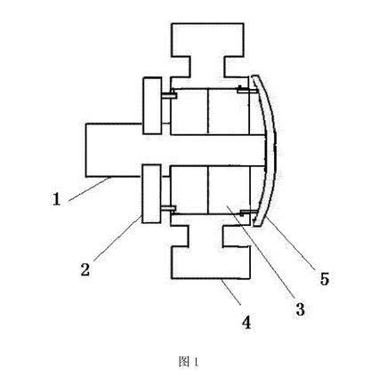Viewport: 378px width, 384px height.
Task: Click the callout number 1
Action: pyautogui.click(x=57, y=199)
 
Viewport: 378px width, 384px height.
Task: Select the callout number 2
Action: pyautogui.click(x=85, y=269)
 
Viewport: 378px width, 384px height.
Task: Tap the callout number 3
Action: pyautogui.click(x=300, y=309)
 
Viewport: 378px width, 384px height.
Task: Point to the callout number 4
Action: pyautogui.click(x=246, y=323)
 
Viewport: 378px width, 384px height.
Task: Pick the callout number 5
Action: pyautogui.click(x=325, y=279)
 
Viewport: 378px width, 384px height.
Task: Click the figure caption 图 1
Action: pyautogui.click(x=189, y=362)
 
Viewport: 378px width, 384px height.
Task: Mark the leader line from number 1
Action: pyautogui.click(x=90, y=189)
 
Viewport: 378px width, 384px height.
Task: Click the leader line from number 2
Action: pyautogui.click(x=117, y=238)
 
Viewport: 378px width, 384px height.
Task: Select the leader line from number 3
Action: pyautogui.click(x=260, y=252)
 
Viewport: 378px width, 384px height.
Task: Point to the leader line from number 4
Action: pyautogui.click(x=231, y=292)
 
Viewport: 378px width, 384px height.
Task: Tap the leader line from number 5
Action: pyautogui.click(x=290, y=242)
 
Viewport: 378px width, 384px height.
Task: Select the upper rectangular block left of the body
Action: pyautogui.click(x=152, y=106)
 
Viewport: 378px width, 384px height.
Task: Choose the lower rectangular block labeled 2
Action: pyautogui.click(x=152, y=194)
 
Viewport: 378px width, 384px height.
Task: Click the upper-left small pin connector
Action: pyautogui.click(x=169, y=95)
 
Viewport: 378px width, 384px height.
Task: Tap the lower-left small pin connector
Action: pyautogui.click(x=169, y=209)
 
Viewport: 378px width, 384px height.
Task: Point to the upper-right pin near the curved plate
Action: pyautogui.click(x=247, y=90)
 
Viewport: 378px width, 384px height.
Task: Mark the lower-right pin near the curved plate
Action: pyautogui.click(x=249, y=212)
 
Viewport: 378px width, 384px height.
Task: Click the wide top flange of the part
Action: pyautogui.click(x=207, y=40)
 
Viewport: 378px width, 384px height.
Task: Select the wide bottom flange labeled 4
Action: pyautogui.click(x=211, y=262)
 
